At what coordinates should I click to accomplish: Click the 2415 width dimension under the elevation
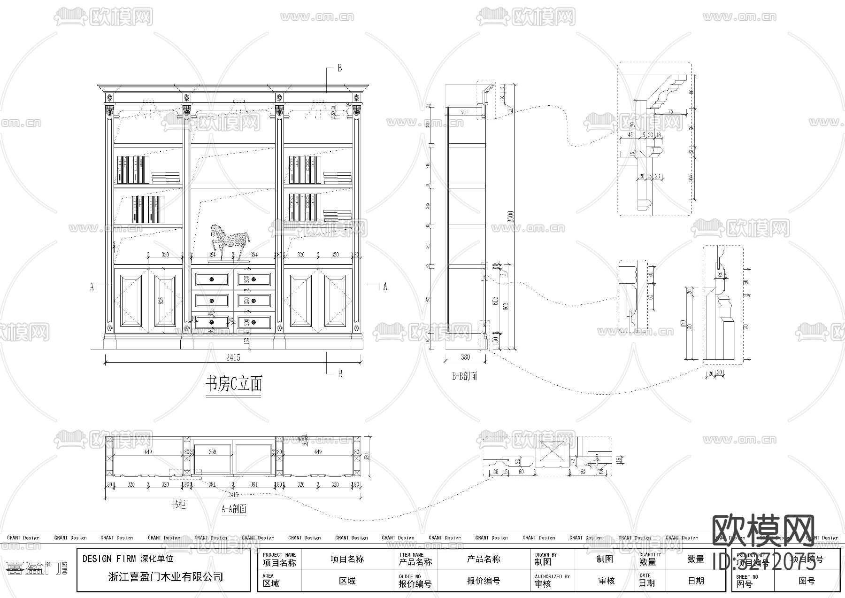pyautogui.click(x=233, y=357)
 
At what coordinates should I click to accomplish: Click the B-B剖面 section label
pyautogui.click(x=465, y=376)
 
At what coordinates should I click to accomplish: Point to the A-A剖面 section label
pyautogui.click(x=234, y=508)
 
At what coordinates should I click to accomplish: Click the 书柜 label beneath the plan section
pyautogui.click(x=178, y=505)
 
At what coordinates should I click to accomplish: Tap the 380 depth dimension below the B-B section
pyautogui.click(x=465, y=357)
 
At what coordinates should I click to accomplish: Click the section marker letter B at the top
pyautogui.click(x=340, y=68)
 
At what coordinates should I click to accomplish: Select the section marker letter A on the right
pyautogui.click(x=385, y=286)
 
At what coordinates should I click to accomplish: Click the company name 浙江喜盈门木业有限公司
pyautogui.click(x=166, y=577)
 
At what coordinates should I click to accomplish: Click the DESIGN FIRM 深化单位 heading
pyautogui.click(x=128, y=559)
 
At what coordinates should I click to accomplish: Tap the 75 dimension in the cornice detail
pyautogui.click(x=670, y=111)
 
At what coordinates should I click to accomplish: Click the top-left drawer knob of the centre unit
pyautogui.click(x=212, y=280)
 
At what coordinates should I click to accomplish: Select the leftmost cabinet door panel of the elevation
pyautogui.click(x=131, y=301)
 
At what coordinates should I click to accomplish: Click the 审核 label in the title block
pyautogui.click(x=543, y=584)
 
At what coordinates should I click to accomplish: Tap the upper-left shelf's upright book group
pyautogui.click(x=133, y=170)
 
